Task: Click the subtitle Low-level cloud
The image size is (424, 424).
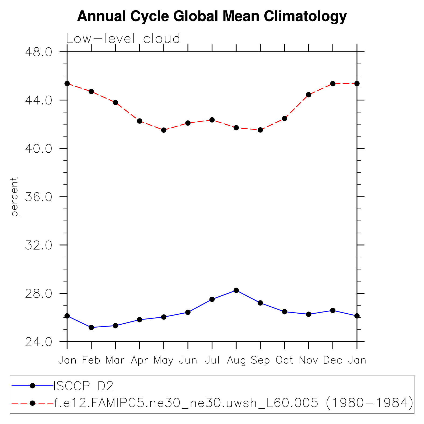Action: [123, 39]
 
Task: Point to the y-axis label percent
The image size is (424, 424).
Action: [15, 197]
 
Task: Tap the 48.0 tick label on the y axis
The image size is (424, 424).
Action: [38, 52]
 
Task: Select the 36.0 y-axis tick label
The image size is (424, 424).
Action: [38, 197]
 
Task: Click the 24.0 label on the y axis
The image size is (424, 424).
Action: [38, 342]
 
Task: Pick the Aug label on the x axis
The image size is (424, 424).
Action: [236, 360]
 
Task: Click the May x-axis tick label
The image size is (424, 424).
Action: [163, 360]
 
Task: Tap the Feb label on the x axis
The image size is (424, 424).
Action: [91, 360]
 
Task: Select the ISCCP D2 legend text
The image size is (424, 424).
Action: [84, 386]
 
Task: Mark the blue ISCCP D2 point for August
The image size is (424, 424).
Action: [236, 290]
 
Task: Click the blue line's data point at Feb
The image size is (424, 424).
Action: [91, 327]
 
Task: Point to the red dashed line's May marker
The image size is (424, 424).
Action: [164, 130]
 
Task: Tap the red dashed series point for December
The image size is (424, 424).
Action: [333, 84]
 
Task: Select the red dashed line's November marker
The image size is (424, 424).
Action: [309, 95]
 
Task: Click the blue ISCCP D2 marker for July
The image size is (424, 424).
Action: [212, 299]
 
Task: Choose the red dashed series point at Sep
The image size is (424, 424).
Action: [260, 130]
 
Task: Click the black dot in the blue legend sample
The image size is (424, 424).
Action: [32, 386]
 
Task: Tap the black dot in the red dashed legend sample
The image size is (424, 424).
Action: [32, 403]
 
